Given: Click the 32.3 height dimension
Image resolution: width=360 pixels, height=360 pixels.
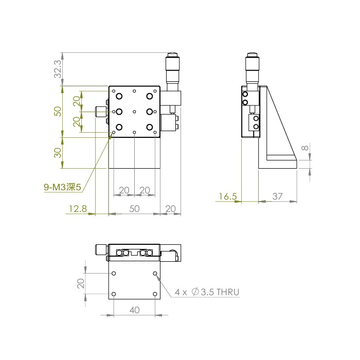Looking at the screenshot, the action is point(58,69).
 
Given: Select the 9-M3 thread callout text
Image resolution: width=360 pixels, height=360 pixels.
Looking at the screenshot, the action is point(63,187).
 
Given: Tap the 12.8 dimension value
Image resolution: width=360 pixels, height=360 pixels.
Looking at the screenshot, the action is point(78,209).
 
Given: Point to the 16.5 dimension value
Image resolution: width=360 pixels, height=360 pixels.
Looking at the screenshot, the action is point(227,196).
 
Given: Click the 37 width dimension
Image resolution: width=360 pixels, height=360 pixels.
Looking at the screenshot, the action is point(277,196).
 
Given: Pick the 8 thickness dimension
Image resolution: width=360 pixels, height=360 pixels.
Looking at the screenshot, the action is point(305,148).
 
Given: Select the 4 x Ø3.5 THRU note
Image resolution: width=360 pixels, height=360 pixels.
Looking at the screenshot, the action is point(207,292).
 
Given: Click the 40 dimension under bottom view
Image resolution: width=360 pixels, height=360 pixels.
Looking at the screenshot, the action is point(134,310).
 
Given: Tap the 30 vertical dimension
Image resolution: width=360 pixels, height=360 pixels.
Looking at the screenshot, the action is point(58,153).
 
